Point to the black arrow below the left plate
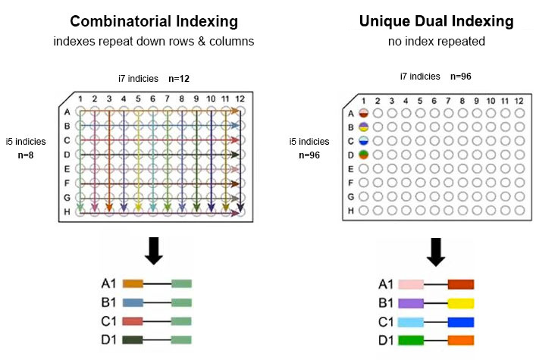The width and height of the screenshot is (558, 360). click(154, 251)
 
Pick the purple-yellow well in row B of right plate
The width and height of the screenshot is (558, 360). click(362, 127)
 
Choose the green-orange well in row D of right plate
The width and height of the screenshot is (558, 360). click(362, 155)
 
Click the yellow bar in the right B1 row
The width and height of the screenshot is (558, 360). click(461, 303)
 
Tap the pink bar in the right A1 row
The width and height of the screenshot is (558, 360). click(411, 285)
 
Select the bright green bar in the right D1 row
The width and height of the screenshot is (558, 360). click(411, 339)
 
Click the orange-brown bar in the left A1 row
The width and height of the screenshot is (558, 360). click(133, 284)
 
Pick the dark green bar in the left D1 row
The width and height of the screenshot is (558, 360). click(133, 339)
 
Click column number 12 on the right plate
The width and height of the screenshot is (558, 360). click(519, 101)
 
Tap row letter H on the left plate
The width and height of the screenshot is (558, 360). click(67, 211)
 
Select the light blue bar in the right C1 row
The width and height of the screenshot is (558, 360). click(411, 321)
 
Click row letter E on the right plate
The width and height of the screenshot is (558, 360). click(350, 168)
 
